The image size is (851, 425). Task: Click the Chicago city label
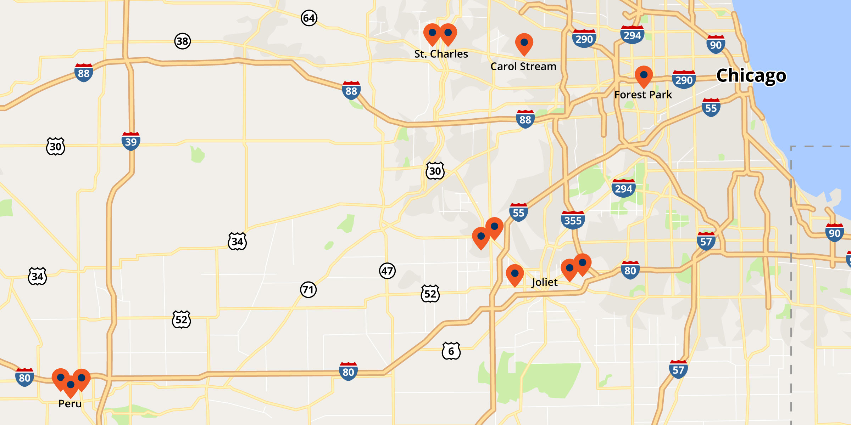(x=751, y=75)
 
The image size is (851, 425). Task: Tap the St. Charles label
(x=441, y=54)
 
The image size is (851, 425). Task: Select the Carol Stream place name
(x=523, y=67)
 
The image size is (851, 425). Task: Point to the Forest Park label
(x=643, y=95)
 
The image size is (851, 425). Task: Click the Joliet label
(x=545, y=282)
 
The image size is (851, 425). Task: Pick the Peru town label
(x=70, y=404)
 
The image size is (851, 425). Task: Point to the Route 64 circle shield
(x=309, y=18)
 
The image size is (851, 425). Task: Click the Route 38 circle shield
(x=182, y=41)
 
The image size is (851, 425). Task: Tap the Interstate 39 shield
(x=131, y=141)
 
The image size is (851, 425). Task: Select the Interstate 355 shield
(x=573, y=220)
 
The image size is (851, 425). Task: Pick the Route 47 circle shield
(x=387, y=271)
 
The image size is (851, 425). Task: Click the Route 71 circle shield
(x=308, y=290)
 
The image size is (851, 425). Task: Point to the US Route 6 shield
(x=451, y=351)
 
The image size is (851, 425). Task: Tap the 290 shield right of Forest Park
(x=684, y=80)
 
